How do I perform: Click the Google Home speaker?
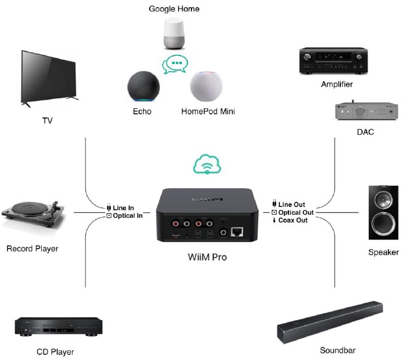(174, 33)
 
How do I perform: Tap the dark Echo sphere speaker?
(144, 86)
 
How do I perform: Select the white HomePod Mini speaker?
(207, 87)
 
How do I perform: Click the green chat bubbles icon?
(175, 64)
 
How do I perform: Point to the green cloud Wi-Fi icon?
(207, 164)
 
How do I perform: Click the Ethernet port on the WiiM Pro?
(237, 232)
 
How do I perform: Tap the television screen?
(48, 77)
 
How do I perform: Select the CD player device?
(59, 326)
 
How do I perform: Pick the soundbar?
(330, 322)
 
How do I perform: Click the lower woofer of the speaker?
(383, 224)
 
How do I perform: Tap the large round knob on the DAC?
(360, 111)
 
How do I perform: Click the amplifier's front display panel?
(333, 57)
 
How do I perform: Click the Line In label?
(123, 208)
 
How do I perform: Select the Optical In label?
(128, 215)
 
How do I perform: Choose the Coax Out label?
(293, 220)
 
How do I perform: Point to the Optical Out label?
(296, 212)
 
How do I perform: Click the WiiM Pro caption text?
(207, 257)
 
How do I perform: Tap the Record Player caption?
(33, 249)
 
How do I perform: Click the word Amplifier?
(337, 84)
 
